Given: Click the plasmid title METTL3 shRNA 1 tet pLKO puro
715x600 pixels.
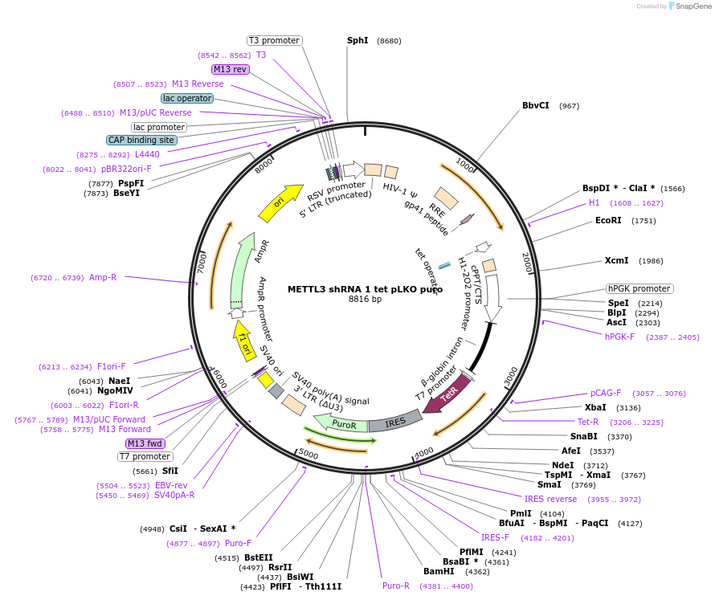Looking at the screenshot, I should (365, 289).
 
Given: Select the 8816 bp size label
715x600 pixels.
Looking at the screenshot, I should (365, 300).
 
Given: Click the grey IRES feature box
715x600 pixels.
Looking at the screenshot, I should (395, 421).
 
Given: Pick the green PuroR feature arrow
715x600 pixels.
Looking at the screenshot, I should (341, 422).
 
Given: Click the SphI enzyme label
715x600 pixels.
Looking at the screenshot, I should (357, 40).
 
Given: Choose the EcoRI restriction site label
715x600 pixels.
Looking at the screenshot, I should (608, 220).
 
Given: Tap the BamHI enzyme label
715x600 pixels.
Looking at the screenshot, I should (439, 572).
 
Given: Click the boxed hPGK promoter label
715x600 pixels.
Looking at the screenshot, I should (639, 288).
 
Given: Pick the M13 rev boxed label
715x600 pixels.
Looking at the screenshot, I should (230, 69).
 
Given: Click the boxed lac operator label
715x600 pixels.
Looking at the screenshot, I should (186, 98).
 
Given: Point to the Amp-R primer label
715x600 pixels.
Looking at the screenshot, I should (102, 277).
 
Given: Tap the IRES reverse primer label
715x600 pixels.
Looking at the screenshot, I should (550, 499).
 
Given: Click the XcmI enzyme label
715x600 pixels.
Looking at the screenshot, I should (617, 260).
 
